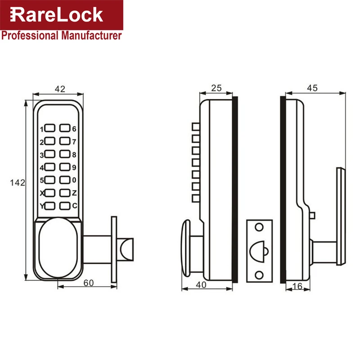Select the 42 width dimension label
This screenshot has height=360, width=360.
point(59,89)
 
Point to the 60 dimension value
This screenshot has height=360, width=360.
point(89,283)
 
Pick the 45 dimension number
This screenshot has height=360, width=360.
point(312,88)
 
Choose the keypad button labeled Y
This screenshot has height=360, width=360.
point(50,206)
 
